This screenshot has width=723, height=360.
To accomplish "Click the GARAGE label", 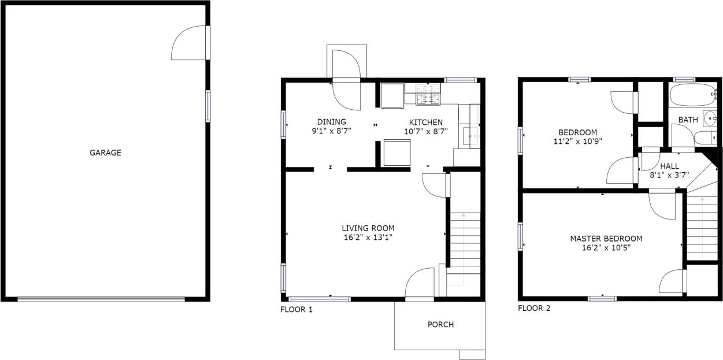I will (x=105, y=153).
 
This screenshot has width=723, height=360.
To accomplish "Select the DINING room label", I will (x=331, y=122).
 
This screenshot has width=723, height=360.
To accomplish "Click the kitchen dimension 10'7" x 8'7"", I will (x=426, y=131).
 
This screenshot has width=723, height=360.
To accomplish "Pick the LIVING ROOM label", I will (x=368, y=228).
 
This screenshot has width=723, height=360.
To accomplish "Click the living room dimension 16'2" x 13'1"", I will (x=368, y=237).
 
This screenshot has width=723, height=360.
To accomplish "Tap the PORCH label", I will (x=440, y=325).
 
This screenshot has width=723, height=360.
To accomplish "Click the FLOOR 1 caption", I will (x=296, y=310).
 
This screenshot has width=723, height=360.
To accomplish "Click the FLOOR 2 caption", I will (x=534, y=309).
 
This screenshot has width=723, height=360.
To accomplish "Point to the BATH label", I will (x=688, y=120).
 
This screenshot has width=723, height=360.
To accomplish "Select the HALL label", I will (x=669, y=166).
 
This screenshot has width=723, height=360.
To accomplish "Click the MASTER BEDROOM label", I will (x=606, y=239).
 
